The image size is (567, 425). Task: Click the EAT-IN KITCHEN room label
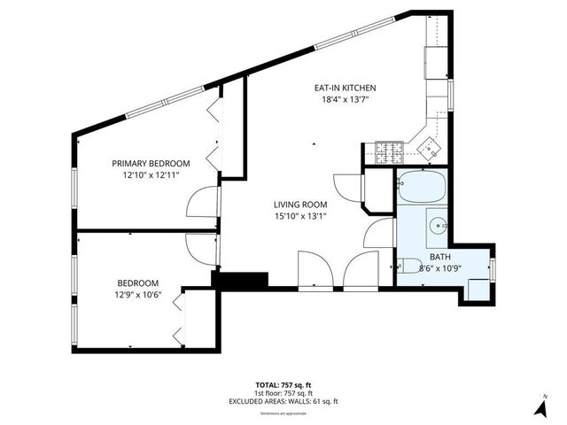[346, 88]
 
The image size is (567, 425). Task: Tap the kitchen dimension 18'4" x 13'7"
[346, 99]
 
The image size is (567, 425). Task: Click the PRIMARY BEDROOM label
[151, 163]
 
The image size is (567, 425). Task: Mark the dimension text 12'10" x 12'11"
[151, 174]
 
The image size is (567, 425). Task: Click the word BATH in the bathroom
[440, 257]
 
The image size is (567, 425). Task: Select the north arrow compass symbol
[537, 406]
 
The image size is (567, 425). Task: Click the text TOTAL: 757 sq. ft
[283, 385]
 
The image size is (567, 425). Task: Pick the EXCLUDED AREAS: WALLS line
[283, 401]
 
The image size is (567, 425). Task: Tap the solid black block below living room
[239, 280]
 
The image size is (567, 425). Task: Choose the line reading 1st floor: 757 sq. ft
[283, 393]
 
